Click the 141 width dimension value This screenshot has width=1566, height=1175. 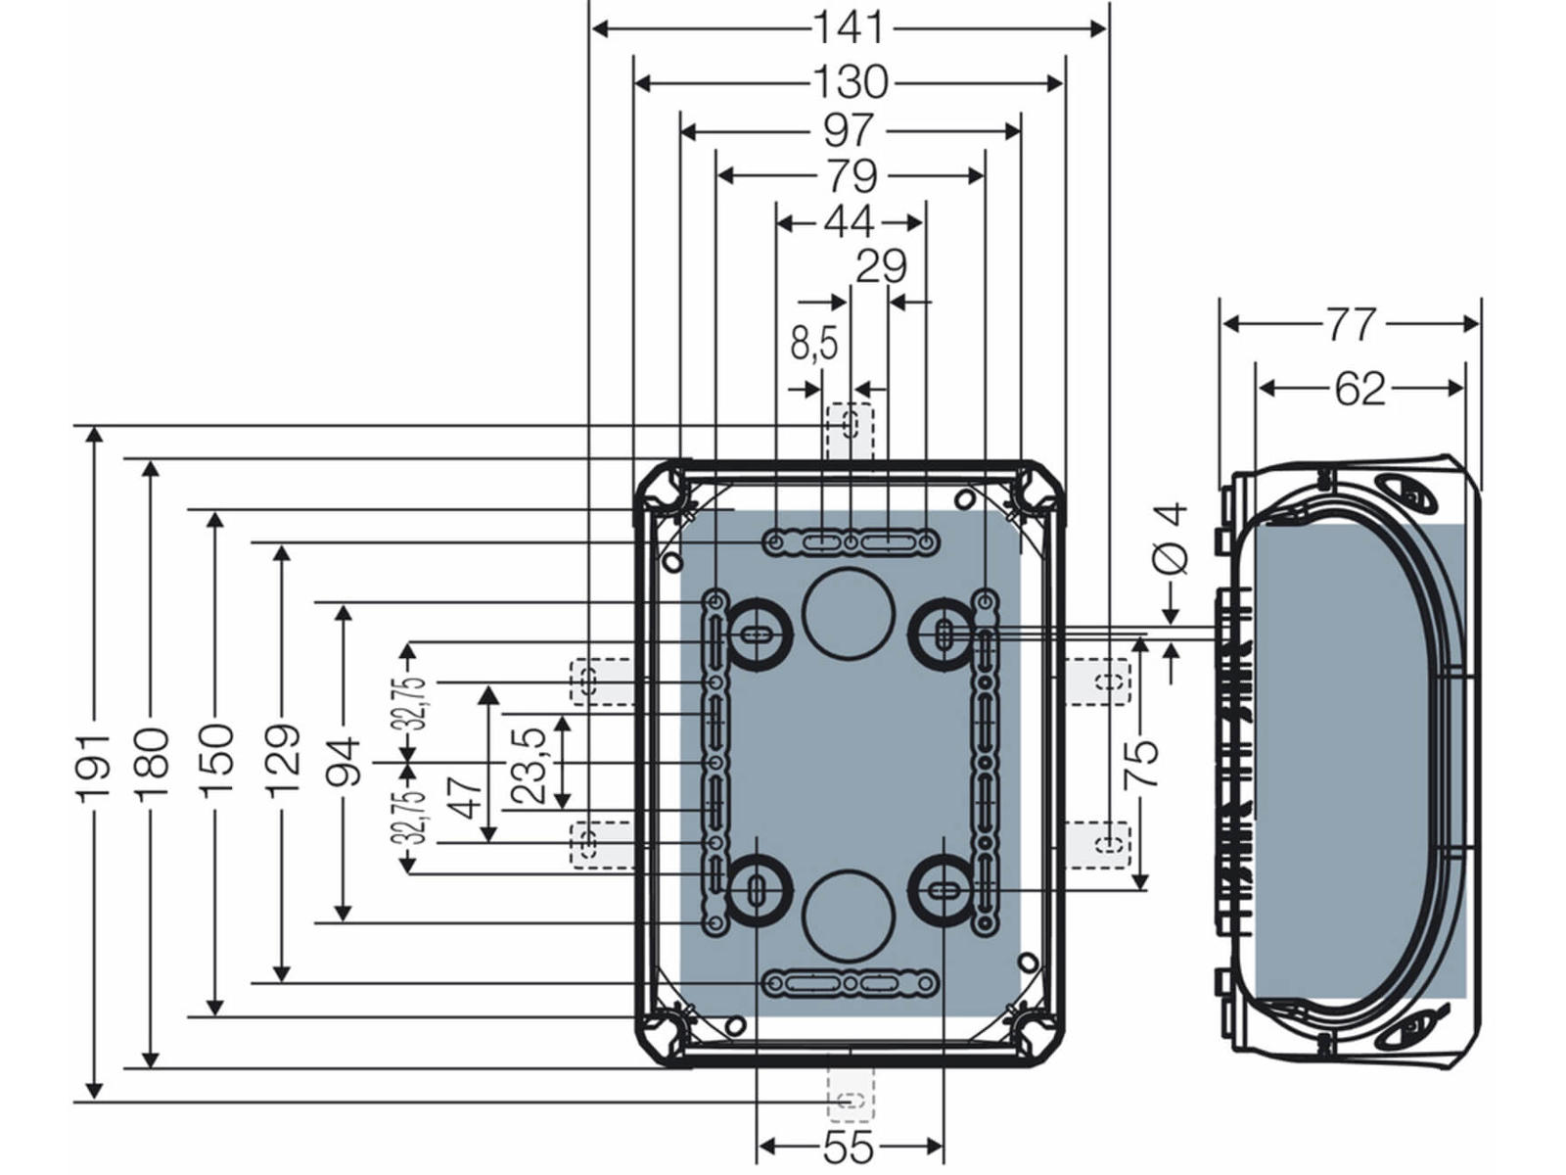(849, 27)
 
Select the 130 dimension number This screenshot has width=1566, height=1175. (850, 82)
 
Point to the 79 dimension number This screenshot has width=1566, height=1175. (851, 176)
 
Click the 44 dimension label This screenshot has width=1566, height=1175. (849, 222)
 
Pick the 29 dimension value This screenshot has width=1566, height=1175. (881, 266)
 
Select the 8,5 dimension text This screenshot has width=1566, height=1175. (814, 343)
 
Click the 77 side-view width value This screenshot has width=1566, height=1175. (1351, 324)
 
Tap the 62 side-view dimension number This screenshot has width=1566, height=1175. (1359, 389)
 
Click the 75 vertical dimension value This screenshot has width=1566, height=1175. (1141, 763)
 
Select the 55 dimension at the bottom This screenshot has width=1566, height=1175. (849, 1148)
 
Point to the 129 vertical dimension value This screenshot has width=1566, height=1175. (282, 761)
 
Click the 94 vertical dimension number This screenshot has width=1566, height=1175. (343, 762)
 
